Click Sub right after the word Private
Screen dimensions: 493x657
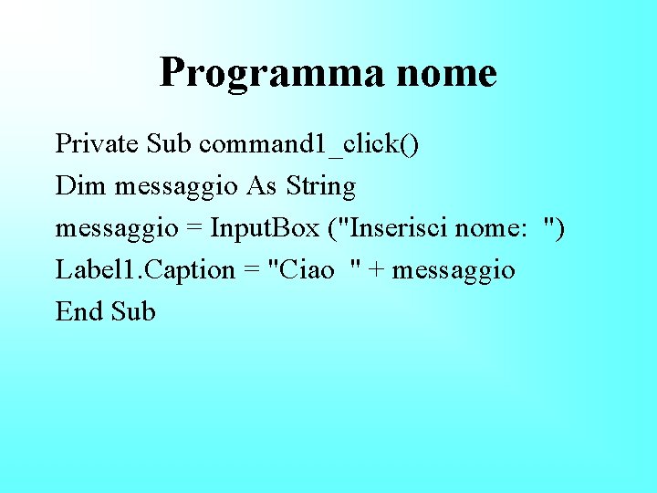tap(169, 144)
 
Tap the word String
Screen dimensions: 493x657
tap(320, 187)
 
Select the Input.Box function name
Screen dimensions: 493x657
tap(264, 228)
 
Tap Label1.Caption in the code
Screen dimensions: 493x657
tap(145, 270)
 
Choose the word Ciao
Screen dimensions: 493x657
tap(305, 270)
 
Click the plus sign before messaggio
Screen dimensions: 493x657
tap(374, 271)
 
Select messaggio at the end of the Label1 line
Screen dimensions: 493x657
tap(454, 271)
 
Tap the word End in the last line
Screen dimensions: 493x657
tap(79, 312)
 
